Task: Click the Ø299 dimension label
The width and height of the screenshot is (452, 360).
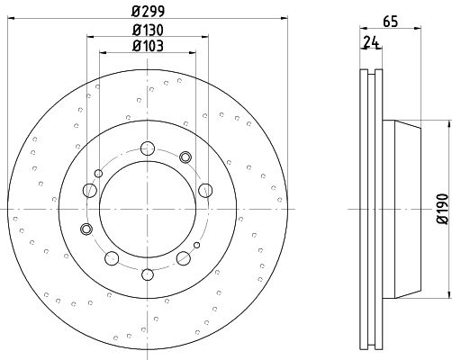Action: point(148,12)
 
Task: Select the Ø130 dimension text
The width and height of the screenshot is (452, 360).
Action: point(148,30)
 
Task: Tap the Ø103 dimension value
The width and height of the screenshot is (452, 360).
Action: point(148,46)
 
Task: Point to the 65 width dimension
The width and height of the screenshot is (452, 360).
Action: point(390,22)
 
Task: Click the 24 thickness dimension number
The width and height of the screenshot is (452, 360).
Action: point(371,41)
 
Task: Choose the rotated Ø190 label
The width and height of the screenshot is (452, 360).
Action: point(443,209)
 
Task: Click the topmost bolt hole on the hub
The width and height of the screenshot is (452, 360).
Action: point(148,148)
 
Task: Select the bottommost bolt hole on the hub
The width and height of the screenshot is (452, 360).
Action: point(148,274)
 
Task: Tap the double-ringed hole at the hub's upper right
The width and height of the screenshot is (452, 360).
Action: point(185,157)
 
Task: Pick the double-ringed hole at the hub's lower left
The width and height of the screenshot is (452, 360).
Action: point(86,229)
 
